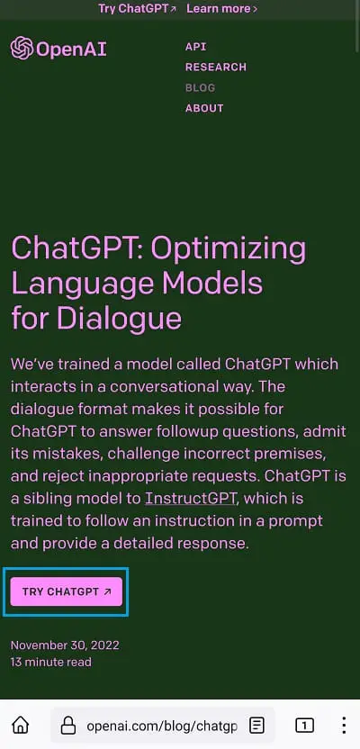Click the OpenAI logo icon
[x=22, y=48]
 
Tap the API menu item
[x=195, y=46]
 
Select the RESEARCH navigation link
[x=215, y=67]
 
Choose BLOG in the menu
[x=200, y=87]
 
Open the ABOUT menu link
[x=204, y=108]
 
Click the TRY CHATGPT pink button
[x=67, y=591]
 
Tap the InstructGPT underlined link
[x=186, y=498]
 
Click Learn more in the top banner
[x=221, y=8]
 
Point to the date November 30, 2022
[x=65, y=645]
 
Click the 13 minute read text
[x=51, y=662]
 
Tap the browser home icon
[x=20, y=726]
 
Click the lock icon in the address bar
[x=67, y=726]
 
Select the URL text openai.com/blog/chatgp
[x=161, y=726]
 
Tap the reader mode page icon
[x=257, y=726]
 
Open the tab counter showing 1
[x=304, y=726]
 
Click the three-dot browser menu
[x=344, y=726]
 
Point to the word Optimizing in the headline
[x=224, y=248]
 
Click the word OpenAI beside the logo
[x=71, y=49]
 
